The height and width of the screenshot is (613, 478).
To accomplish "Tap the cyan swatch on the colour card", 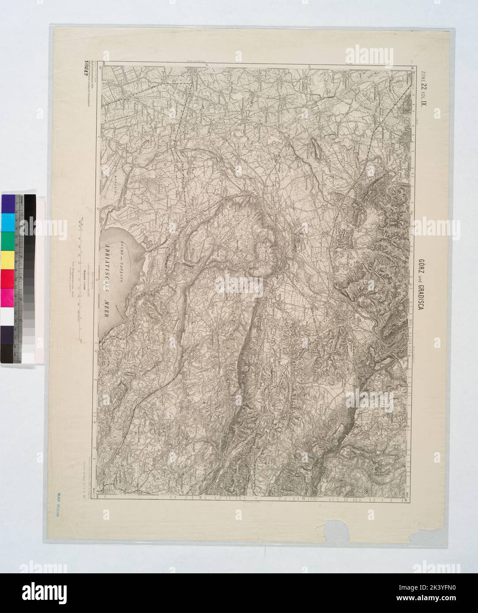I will pos(8,221).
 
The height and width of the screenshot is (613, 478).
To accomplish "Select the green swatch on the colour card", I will pos(8,240).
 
